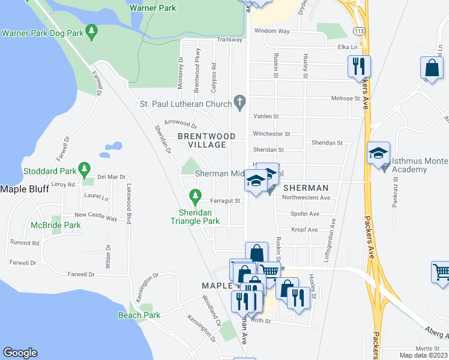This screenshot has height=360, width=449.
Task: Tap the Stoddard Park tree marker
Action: pos(85,168)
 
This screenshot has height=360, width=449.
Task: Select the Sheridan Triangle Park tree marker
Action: pos(194,195)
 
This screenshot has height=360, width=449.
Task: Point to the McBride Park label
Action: pos(56,225)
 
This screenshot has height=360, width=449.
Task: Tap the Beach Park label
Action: pos(139,315)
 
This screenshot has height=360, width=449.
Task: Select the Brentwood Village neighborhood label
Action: pos(202,140)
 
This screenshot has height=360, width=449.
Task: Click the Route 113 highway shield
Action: pos(360,29)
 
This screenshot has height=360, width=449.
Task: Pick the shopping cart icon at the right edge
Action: pos(441,272)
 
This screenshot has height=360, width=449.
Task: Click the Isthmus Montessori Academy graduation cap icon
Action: pos(379,153)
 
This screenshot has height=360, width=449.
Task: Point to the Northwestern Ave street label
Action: pos(306,197)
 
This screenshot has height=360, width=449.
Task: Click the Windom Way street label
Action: pos(272,31)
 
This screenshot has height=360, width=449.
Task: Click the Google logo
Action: pos(20,353)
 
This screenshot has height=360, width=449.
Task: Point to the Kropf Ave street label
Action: pos(304,230)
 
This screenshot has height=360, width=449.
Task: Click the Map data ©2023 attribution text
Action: pos(423,355)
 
